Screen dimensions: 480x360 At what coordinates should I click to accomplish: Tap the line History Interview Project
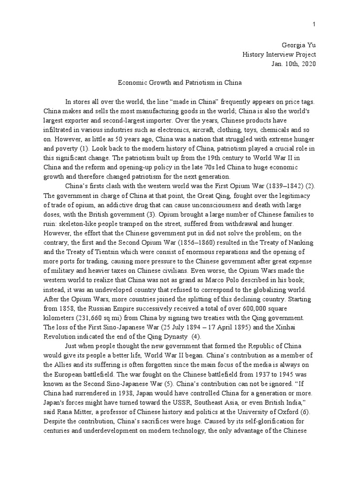[x=279, y=54]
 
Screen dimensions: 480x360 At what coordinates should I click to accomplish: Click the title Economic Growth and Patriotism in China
[x=180, y=83]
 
